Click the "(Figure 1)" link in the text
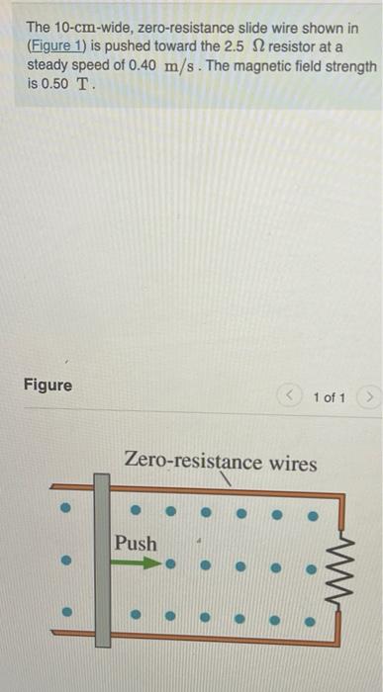(x=61, y=45)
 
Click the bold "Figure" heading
(x=48, y=385)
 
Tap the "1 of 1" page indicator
(x=329, y=397)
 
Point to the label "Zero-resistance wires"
(x=221, y=462)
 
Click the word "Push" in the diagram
(x=136, y=543)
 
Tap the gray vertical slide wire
(x=102, y=562)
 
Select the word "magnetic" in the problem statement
(x=266, y=65)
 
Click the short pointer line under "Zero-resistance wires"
(x=230, y=480)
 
